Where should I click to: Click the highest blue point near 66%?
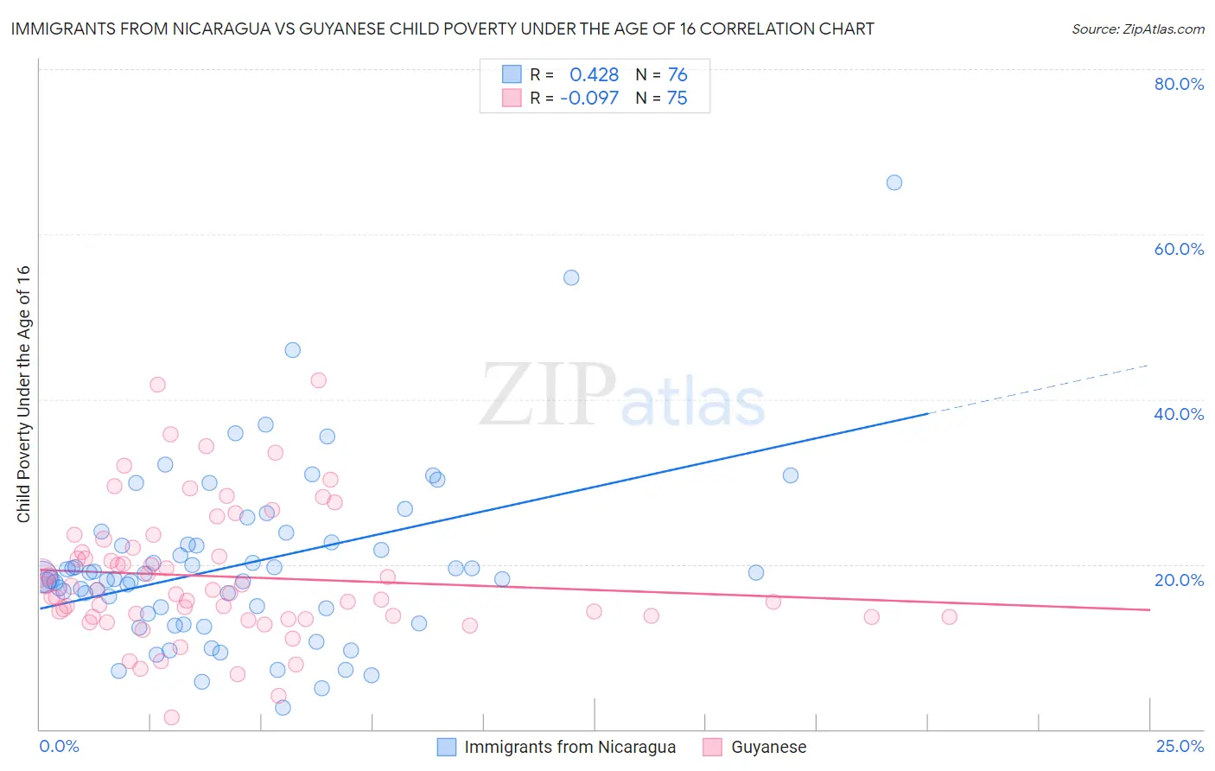pyautogui.click(x=894, y=182)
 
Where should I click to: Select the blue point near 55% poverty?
pyautogui.click(x=571, y=277)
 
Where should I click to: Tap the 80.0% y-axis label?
pyautogui.click(x=1179, y=84)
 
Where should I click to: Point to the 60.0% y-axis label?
pyautogui.click(x=1179, y=249)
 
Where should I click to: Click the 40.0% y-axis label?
pyautogui.click(x=1179, y=414)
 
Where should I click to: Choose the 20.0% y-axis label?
pyautogui.click(x=1179, y=580)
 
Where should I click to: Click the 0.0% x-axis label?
pyautogui.click(x=59, y=746)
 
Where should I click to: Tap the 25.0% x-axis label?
pyautogui.click(x=1180, y=746)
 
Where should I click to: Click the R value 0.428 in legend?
pyautogui.click(x=594, y=75)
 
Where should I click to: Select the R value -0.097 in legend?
pyautogui.click(x=589, y=99)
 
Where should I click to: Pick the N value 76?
pyautogui.click(x=677, y=75)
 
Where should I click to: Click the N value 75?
pyautogui.click(x=677, y=99)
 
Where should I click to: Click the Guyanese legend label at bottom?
pyautogui.click(x=768, y=747)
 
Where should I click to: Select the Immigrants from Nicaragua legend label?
pyautogui.click(x=569, y=747)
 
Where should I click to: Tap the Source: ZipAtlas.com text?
pyautogui.click(x=1137, y=29)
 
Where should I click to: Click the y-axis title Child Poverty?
pyautogui.click(x=24, y=393)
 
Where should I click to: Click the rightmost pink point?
pyautogui.click(x=949, y=616)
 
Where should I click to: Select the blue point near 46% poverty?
pyautogui.click(x=292, y=350)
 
